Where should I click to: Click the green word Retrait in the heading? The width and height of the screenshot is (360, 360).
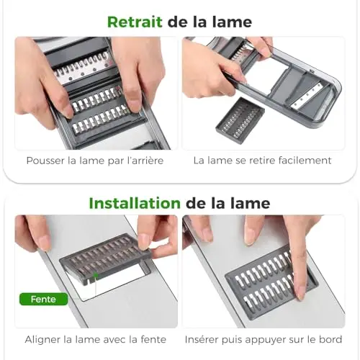(x=135, y=22)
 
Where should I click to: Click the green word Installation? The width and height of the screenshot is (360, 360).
(x=135, y=203)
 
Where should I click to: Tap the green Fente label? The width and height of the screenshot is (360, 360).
(x=43, y=299)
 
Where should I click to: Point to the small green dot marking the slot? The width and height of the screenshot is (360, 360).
(x=96, y=275)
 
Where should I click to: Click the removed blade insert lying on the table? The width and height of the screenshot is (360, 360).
(x=240, y=120)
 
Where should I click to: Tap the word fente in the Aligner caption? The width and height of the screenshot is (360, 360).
(x=153, y=340)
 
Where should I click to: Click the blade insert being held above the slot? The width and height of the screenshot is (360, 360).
(x=106, y=258)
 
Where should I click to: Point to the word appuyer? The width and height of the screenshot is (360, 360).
(x=264, y=340)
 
